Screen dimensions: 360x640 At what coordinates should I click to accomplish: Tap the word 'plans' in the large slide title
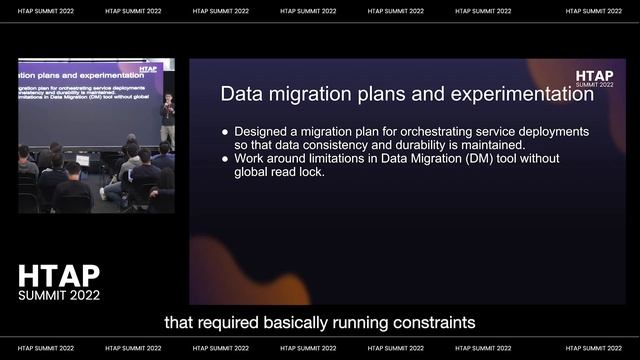tap(368, 96)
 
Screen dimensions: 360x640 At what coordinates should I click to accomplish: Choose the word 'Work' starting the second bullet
tap(250, 159)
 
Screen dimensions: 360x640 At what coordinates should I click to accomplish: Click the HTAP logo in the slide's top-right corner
tap(594, 77)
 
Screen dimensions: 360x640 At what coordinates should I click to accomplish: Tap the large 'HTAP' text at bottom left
tap(59, 276)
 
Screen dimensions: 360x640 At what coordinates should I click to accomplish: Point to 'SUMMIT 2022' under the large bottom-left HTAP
tap(59, 295)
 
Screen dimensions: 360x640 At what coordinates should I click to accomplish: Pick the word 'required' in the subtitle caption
tap(243, 322)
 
